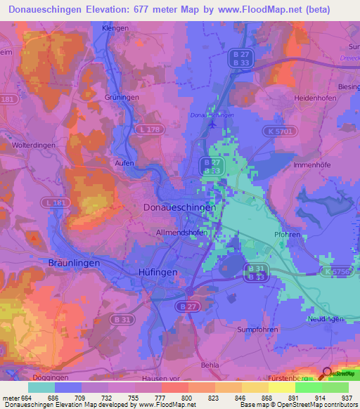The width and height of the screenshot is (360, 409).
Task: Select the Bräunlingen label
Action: coord(74,262)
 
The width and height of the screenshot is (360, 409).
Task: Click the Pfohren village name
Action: coord(288,235)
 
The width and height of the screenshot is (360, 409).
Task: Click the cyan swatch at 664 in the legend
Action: coord(41,387)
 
